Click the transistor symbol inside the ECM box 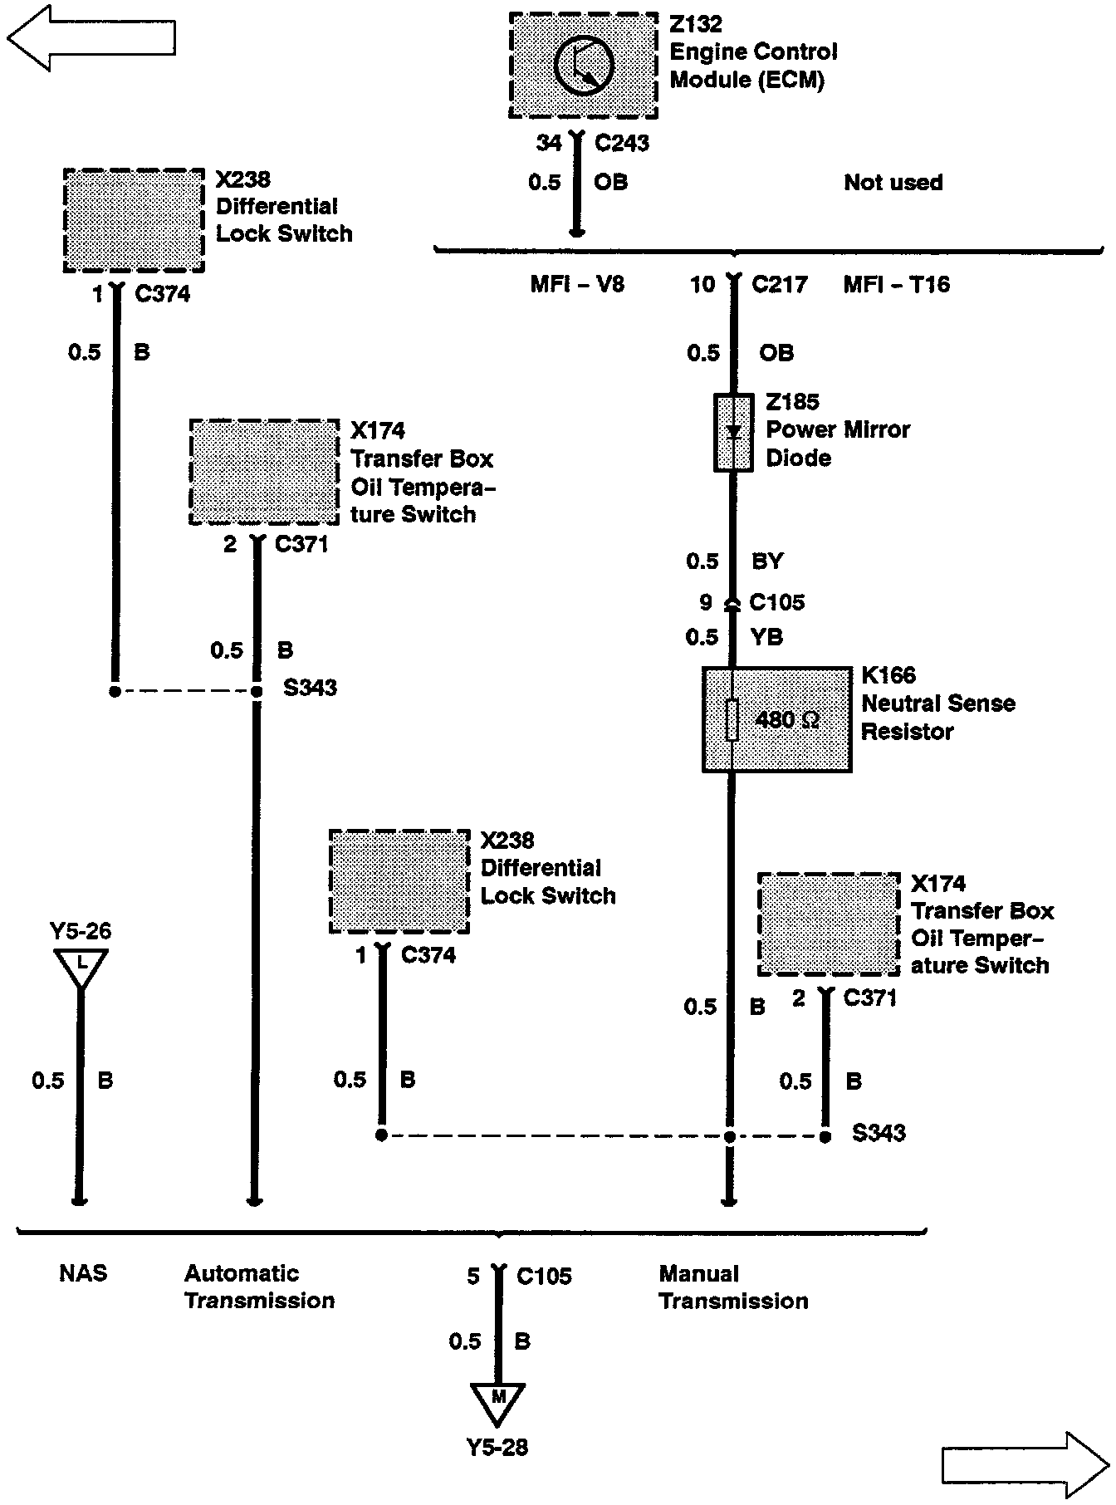click(584, 66)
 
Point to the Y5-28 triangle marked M click(497, 1402)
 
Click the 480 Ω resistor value click(787, 719)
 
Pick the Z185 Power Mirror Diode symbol click(733, 433)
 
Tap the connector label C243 click(622, 144)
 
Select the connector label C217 click(779, 285)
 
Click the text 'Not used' click(893, 183)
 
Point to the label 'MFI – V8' click(577, 285)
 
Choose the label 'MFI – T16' click(896, 285)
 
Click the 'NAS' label click(83, 1273)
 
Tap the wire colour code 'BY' click(767, 561)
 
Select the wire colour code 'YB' click(767, 637)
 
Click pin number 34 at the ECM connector click(548, 144)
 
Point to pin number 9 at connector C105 click(705, 602)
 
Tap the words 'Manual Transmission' click(733, 1287)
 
